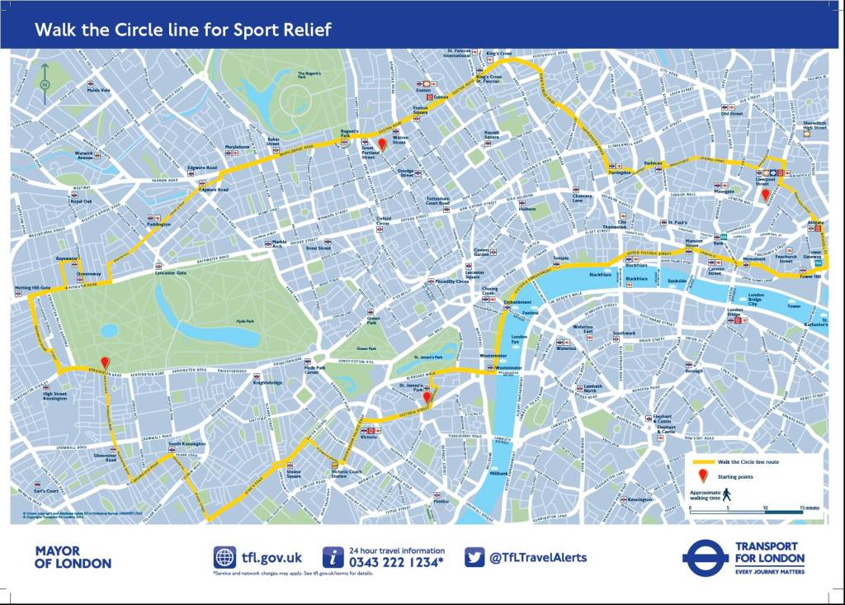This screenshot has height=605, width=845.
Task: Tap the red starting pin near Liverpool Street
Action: [765, 195]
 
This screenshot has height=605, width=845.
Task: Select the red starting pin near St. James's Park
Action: [427, 398]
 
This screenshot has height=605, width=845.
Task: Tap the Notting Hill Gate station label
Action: [33, 289]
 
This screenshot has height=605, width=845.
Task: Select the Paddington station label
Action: [158, 225]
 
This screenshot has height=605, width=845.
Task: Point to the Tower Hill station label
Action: [812, 277]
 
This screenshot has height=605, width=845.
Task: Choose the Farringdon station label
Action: [620, 173]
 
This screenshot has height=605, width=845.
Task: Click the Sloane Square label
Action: [294, 475]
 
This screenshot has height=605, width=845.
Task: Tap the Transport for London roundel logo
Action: [705, 557]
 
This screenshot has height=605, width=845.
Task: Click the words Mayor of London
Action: [73, 557]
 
